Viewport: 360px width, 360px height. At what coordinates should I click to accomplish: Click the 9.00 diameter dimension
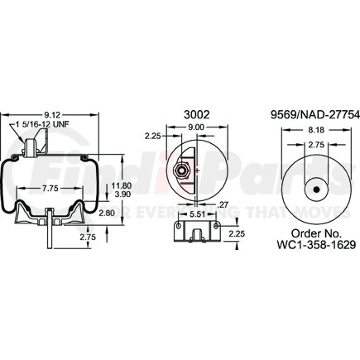click(x=197, y=126)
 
